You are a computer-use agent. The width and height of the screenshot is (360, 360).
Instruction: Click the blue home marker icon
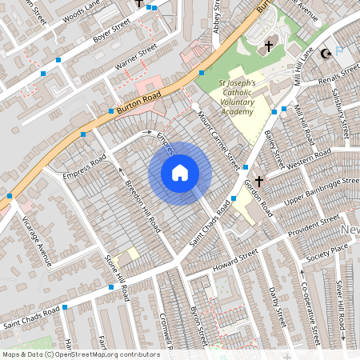pyautogui.click(x=180, y=173)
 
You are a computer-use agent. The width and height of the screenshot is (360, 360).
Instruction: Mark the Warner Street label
pyautogui.click(x=137, y=63)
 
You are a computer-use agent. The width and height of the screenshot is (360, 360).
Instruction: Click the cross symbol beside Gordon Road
pyautogui.click(x=260, y=182)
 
